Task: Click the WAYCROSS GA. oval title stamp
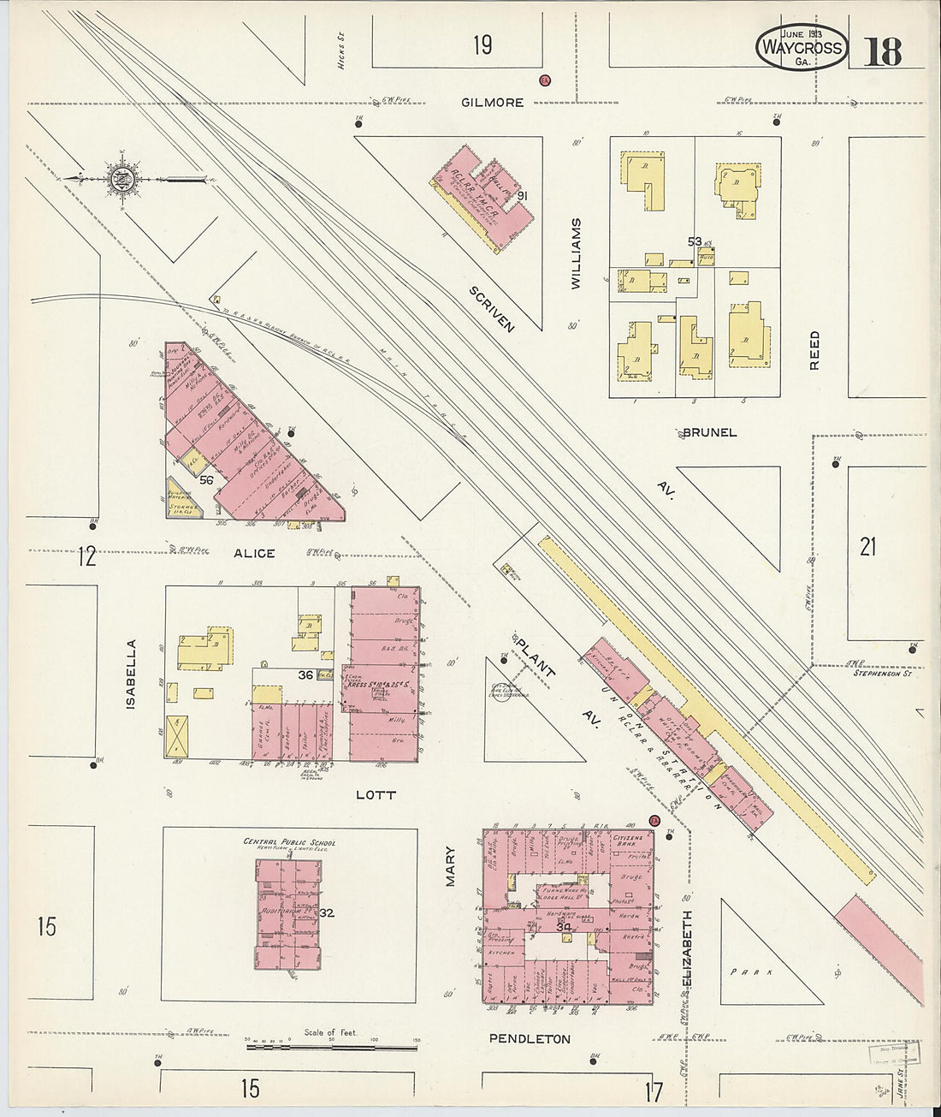802,48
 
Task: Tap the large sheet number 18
882,52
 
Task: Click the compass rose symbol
118,179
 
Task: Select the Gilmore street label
492,102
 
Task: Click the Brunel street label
709,432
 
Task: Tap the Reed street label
814,350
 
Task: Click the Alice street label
254,553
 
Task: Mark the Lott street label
376,794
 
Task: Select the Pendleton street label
529,1039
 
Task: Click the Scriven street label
490,308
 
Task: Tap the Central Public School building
288,914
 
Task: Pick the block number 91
522,196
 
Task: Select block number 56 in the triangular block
206,480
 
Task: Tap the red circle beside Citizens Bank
655,820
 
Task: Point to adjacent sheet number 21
867,546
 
